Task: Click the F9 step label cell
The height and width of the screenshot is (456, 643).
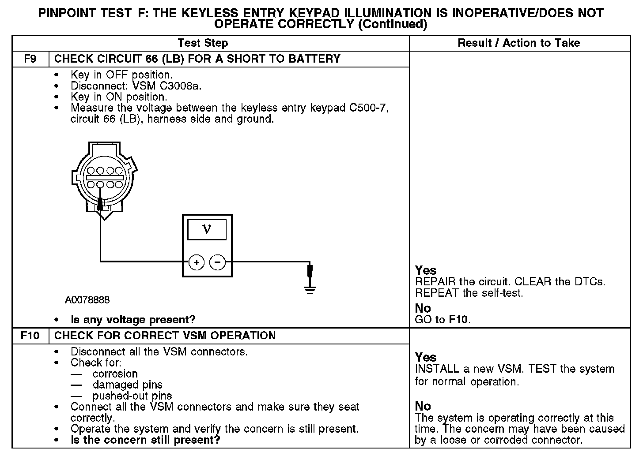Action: (30, 59)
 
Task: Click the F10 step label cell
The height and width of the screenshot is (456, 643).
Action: (30, 336)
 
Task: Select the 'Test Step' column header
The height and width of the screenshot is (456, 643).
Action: (203, 43)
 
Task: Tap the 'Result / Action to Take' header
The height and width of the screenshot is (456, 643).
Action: (519, 43)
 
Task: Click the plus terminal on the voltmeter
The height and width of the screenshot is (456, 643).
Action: (197, 262)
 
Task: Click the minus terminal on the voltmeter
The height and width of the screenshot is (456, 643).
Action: (217, 262)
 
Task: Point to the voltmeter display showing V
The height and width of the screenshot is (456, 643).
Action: (207, 229)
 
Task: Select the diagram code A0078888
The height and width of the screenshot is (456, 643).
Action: (87, 300)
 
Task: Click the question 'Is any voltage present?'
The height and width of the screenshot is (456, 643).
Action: (133, 319)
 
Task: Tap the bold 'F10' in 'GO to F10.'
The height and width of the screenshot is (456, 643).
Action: (459, 319)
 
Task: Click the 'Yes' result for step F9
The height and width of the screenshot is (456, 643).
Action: (426, 270)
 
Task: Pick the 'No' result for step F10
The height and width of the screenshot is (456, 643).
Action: (423, 406)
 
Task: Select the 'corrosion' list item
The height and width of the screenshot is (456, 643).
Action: (115, 374)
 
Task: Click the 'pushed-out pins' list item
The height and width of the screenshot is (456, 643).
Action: (132, 396)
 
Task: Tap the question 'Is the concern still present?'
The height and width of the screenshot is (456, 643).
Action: (145, 440)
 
